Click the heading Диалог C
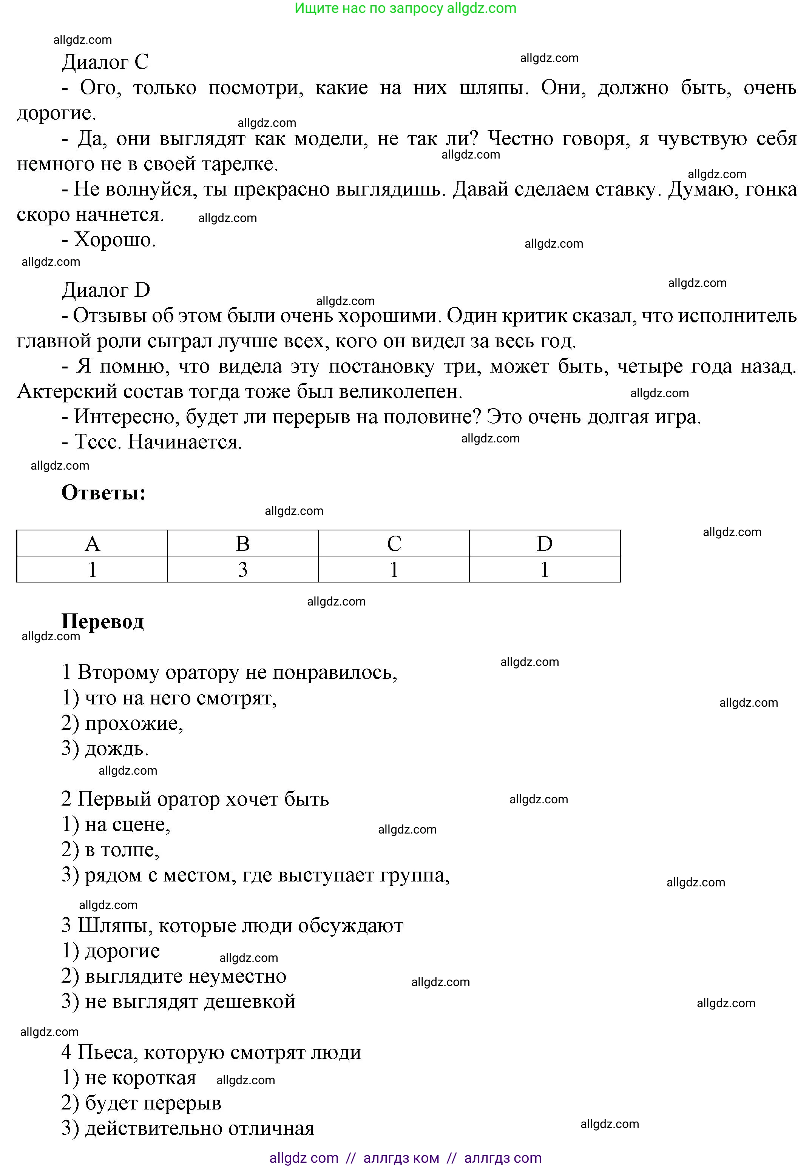coord(105,62)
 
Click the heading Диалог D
coord(106,290)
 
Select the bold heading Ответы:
coord(104,493)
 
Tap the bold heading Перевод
coord(103,621)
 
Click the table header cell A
coord(92,544)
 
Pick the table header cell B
coord(243,544)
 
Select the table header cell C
coord(394,544)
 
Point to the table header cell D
coord(544,544)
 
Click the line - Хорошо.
coord(109,239)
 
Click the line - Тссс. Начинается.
coord(151,442)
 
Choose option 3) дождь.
coord(105,749)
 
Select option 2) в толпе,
coord(110,850)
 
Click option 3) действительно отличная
coord(188,1128)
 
